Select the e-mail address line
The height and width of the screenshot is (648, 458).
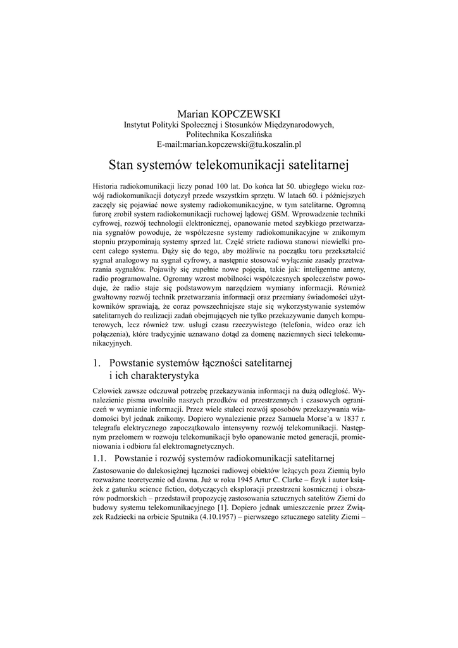pyautogui.click(x=228, y=145)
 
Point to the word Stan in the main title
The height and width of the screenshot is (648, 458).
pyautogui.click(x=121, y=166)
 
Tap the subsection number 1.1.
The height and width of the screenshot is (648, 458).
pyautogui.click(x=101, y=458)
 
